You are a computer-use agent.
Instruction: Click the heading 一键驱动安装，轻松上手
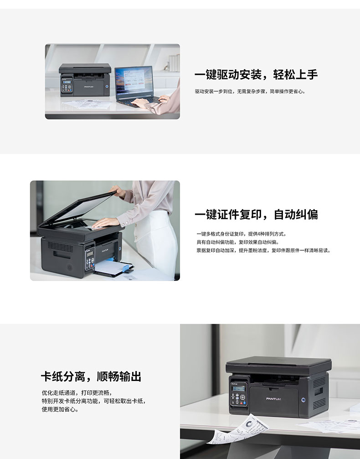click(256, 75)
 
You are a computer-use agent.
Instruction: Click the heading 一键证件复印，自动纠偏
click(256, 215)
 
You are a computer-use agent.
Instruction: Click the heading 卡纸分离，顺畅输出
click(91, 376)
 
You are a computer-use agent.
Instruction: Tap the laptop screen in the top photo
click(134, 80)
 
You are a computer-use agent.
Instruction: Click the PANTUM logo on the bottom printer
click(273, 399)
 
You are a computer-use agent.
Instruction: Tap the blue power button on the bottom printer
click(303, 400)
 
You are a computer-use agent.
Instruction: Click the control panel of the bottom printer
click(238, 395)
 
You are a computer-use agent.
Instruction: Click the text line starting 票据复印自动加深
click(263, 251)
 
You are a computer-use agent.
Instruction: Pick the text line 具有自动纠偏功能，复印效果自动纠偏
click(238, 242)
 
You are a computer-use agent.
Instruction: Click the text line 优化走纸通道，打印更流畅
click(77, 393)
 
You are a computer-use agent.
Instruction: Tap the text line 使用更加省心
click(60, 409)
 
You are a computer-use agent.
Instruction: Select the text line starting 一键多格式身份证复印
click(242, 234)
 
